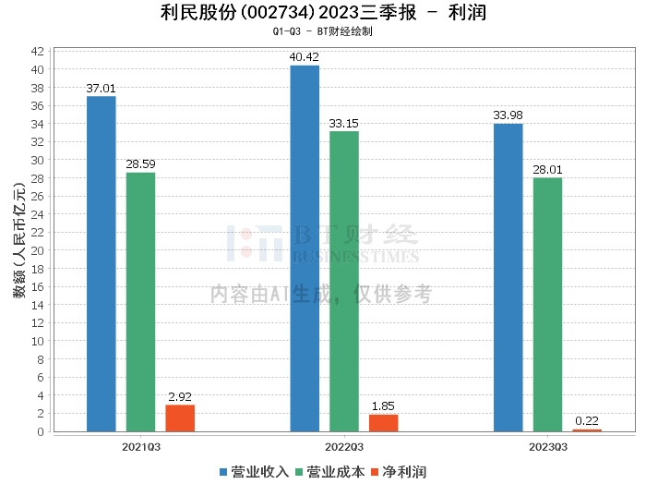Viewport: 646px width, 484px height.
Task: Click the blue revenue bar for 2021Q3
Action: pyautogui.click(x=101, y=263)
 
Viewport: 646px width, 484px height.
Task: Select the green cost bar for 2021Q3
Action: pyautogui.click(x=140, y=301)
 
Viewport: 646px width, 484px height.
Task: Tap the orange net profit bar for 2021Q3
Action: pyautogui.click(x=180, y=417)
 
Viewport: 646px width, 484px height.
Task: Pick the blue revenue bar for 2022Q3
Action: pyautogui.click(x=305, y=248)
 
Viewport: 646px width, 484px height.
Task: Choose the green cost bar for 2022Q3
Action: pyautogui.click(x=344, y=281)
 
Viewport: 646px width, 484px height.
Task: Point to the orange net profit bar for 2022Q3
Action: pyautogui.click(x=383, y=423)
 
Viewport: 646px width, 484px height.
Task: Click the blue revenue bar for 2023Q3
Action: pyautogui.click(x=508, y=277)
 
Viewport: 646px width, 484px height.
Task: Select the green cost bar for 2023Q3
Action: pyautogui.click(x=547, y=304)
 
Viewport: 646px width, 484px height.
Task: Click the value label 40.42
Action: pyautogui.click(x=305, y=57)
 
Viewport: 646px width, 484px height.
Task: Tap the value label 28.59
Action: pyautogui.click(x=140, y=164)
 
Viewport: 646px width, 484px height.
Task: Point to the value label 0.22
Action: pyautogui.click(x=587, y=421)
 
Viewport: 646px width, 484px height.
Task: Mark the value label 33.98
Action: pyautogui.click(x=508, y=115)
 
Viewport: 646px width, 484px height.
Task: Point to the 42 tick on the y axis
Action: pyautogui.click(x=39, y=51)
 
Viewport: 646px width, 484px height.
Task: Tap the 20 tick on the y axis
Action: pyautogui.click(x=39, y=250)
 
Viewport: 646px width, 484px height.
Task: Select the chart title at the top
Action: pyautogui.click(x=322, y=13)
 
